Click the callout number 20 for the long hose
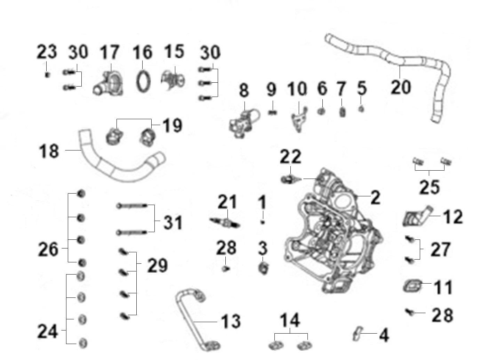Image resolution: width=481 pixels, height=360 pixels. pos(401,87)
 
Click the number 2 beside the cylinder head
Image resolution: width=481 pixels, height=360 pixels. pos(375,197)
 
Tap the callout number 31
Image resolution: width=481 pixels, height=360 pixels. pos(173,222)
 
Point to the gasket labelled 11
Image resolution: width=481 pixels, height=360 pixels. pos(412,286)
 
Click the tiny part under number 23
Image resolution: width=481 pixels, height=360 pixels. pos(47,75)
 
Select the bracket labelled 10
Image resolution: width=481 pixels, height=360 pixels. pos(299,119)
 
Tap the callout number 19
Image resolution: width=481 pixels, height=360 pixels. pos(173,125)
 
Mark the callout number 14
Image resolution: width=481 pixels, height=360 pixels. pos(290,320)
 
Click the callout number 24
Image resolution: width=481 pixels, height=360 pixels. pos(48,331)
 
